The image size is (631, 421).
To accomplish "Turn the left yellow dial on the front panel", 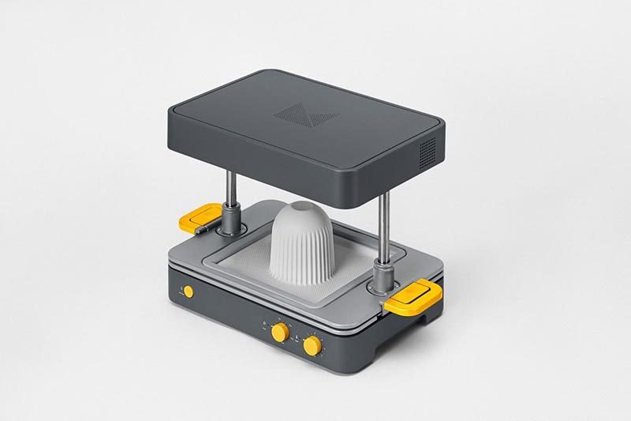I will (x=279, y=333).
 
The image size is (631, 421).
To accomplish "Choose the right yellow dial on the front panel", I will (x=312, y=345).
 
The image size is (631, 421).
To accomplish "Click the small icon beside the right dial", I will (x=297, y=337).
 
